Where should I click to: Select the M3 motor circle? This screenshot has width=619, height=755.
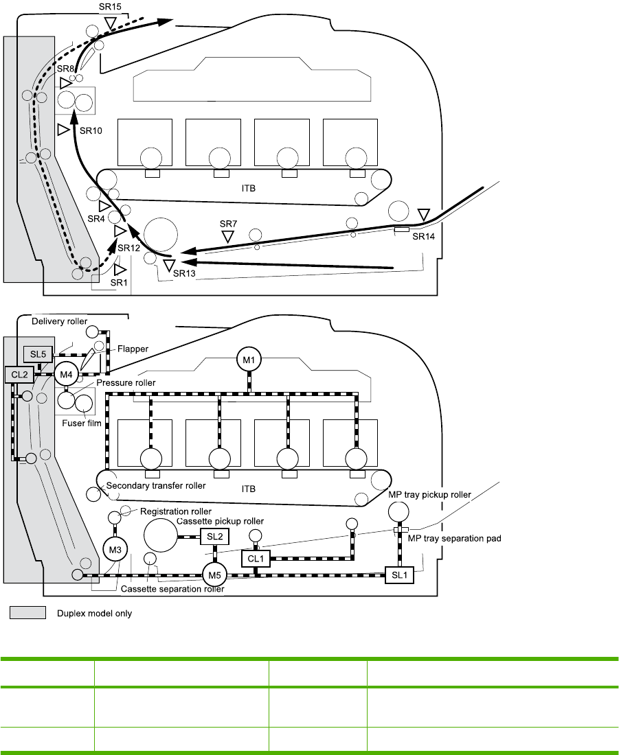(x=115, y=548)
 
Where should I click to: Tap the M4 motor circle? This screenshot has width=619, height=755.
(x=67, y=374)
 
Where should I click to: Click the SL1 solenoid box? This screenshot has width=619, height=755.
(x=399, y=574)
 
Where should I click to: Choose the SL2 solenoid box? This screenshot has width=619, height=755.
(x=214, y=536)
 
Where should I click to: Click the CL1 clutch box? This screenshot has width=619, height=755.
(x=255, y=559)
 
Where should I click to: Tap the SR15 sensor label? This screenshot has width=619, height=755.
(x=110, y=6)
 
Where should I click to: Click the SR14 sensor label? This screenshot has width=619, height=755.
(x=424, y=236)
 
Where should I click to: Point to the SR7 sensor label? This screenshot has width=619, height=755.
(x=228, y=224)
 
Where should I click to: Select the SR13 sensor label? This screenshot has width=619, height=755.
(x=185, y=273)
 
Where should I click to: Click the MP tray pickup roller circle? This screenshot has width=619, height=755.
(x=398, y=511)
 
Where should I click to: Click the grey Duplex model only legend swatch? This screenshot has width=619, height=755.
(x=27, y=613)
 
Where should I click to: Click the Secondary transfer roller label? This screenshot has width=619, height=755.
(x=156, y=485)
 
